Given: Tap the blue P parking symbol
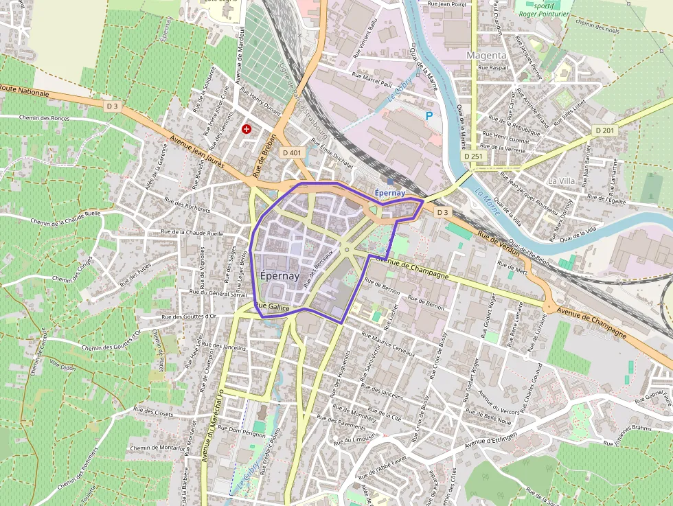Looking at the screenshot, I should coord(429,116).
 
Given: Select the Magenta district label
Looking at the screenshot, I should coord(486,55).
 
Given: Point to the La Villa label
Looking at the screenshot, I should coord(562,180).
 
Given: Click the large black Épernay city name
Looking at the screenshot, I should coord(280,276).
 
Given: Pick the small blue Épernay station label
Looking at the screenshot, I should coord(390,193).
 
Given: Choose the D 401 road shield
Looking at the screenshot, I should coord(292,152).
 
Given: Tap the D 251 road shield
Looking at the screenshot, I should coord(474,157).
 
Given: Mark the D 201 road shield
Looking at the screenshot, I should coord(605,130).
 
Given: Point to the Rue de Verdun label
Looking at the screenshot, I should coord(499,244).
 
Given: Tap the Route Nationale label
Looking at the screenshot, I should coord(25,91).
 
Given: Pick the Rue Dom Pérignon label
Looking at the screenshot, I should coord(236,430).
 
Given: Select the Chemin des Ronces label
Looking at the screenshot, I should coord(45,118).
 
